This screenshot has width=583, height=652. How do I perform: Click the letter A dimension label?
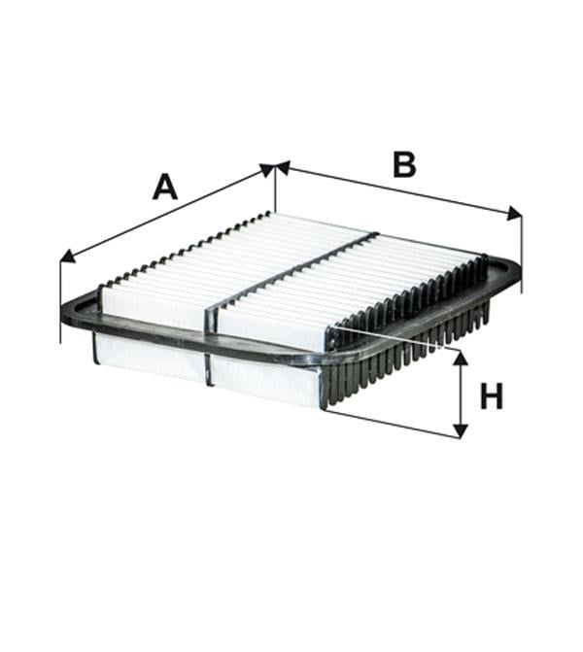pos(165,187)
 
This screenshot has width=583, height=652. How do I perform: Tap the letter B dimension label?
pos(404,164)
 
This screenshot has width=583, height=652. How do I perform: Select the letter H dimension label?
pos(492,395)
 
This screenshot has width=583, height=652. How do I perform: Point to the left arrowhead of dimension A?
pos(68,257)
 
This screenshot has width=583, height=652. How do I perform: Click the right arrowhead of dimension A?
pos(267,169)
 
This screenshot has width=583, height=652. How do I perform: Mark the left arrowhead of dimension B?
pos(283,167)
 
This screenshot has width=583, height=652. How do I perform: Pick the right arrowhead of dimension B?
pos(514,214)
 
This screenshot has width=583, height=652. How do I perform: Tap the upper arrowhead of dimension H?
pos(460,358)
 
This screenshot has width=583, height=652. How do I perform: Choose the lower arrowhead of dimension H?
pos(460,430)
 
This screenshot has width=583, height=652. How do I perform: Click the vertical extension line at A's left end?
pos(60,300)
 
